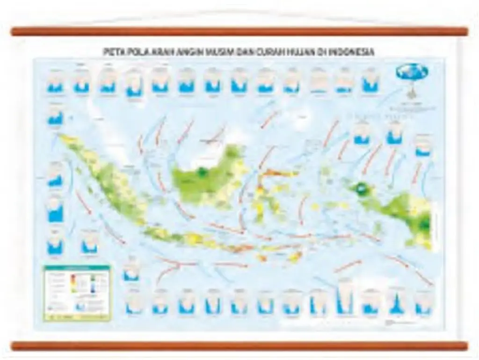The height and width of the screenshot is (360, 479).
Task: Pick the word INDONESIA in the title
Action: [351, 53]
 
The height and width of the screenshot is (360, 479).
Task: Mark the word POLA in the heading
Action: [137, 53]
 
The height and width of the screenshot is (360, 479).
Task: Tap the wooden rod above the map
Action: [239, 31]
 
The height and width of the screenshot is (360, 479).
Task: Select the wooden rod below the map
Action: [239, 346]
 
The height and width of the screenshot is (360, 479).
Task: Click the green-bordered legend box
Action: [77, 293]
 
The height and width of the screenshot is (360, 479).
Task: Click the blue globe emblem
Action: [412, 71]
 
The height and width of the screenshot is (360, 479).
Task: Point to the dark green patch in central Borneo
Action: [202, 173]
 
